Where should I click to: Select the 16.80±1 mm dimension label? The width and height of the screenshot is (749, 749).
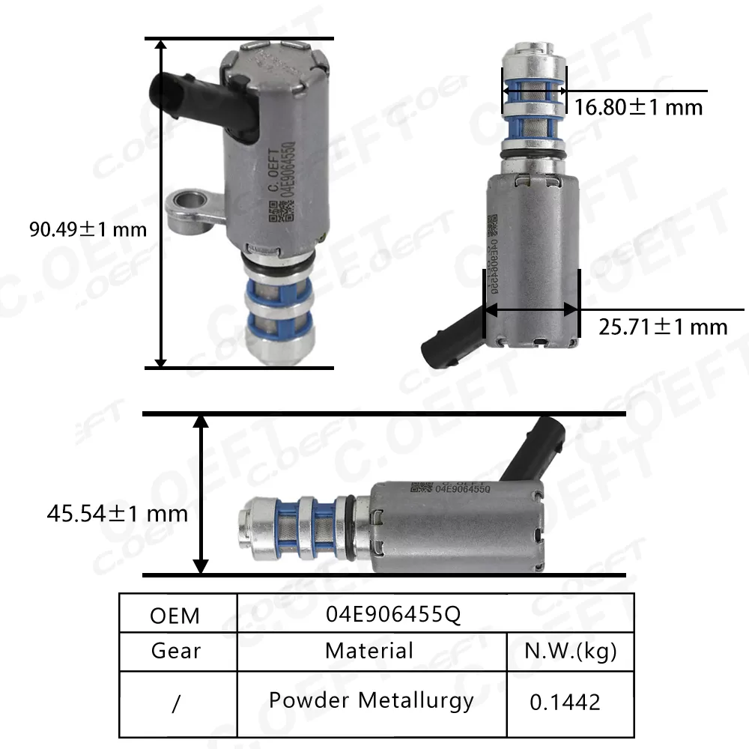(x=639, y=107)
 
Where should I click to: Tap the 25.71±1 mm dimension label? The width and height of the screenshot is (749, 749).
(x=663, y=327)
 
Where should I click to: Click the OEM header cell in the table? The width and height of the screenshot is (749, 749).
(x=175, y=615)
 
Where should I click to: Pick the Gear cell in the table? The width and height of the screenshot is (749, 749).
(x=176, y=650)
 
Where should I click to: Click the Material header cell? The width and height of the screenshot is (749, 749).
(x=369, y=650)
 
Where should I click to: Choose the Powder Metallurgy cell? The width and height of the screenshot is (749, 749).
(x=372, y=700)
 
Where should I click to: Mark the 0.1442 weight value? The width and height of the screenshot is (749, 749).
(x=565, y=702)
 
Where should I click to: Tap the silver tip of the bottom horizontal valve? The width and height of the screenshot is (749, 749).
(x=250, y=527)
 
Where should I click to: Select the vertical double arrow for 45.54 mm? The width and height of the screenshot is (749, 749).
(x=200, y=494)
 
